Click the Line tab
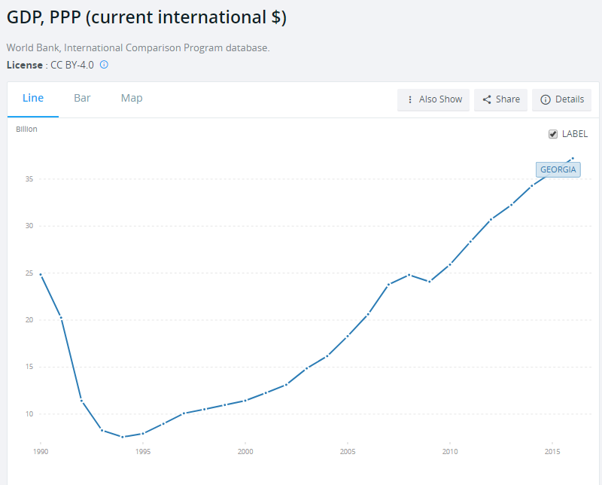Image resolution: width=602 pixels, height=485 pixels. click(33, 98)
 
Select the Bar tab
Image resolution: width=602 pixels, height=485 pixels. click(82, 98)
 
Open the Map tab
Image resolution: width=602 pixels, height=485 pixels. click(132, 98)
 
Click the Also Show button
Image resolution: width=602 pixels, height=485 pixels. click(433, 99)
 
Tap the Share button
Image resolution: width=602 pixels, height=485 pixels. click(500, 99)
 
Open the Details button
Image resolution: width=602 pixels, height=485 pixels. click(561, 99)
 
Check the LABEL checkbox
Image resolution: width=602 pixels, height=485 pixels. click(553, 134)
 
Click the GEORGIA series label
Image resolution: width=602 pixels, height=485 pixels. click(558, 169)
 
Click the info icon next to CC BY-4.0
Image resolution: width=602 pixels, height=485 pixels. click(104, 65)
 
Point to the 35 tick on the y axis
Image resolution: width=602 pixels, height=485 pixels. click(29, 179)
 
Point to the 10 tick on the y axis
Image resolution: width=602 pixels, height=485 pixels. click(29, 414)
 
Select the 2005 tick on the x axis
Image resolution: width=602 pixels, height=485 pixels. click(347, 452)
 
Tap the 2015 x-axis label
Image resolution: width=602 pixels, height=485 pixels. click(552, 452)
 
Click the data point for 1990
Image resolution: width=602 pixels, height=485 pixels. click(41, 275)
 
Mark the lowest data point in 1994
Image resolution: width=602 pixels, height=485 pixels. click(122, 437)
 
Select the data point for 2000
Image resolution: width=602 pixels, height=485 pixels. click(245, 401)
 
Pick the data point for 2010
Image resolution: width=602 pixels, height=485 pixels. click(450, 264)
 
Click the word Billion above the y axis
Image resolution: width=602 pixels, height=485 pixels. click(26, 129)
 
